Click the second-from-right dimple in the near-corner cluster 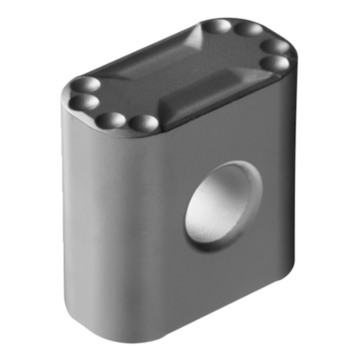click(110, 120)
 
